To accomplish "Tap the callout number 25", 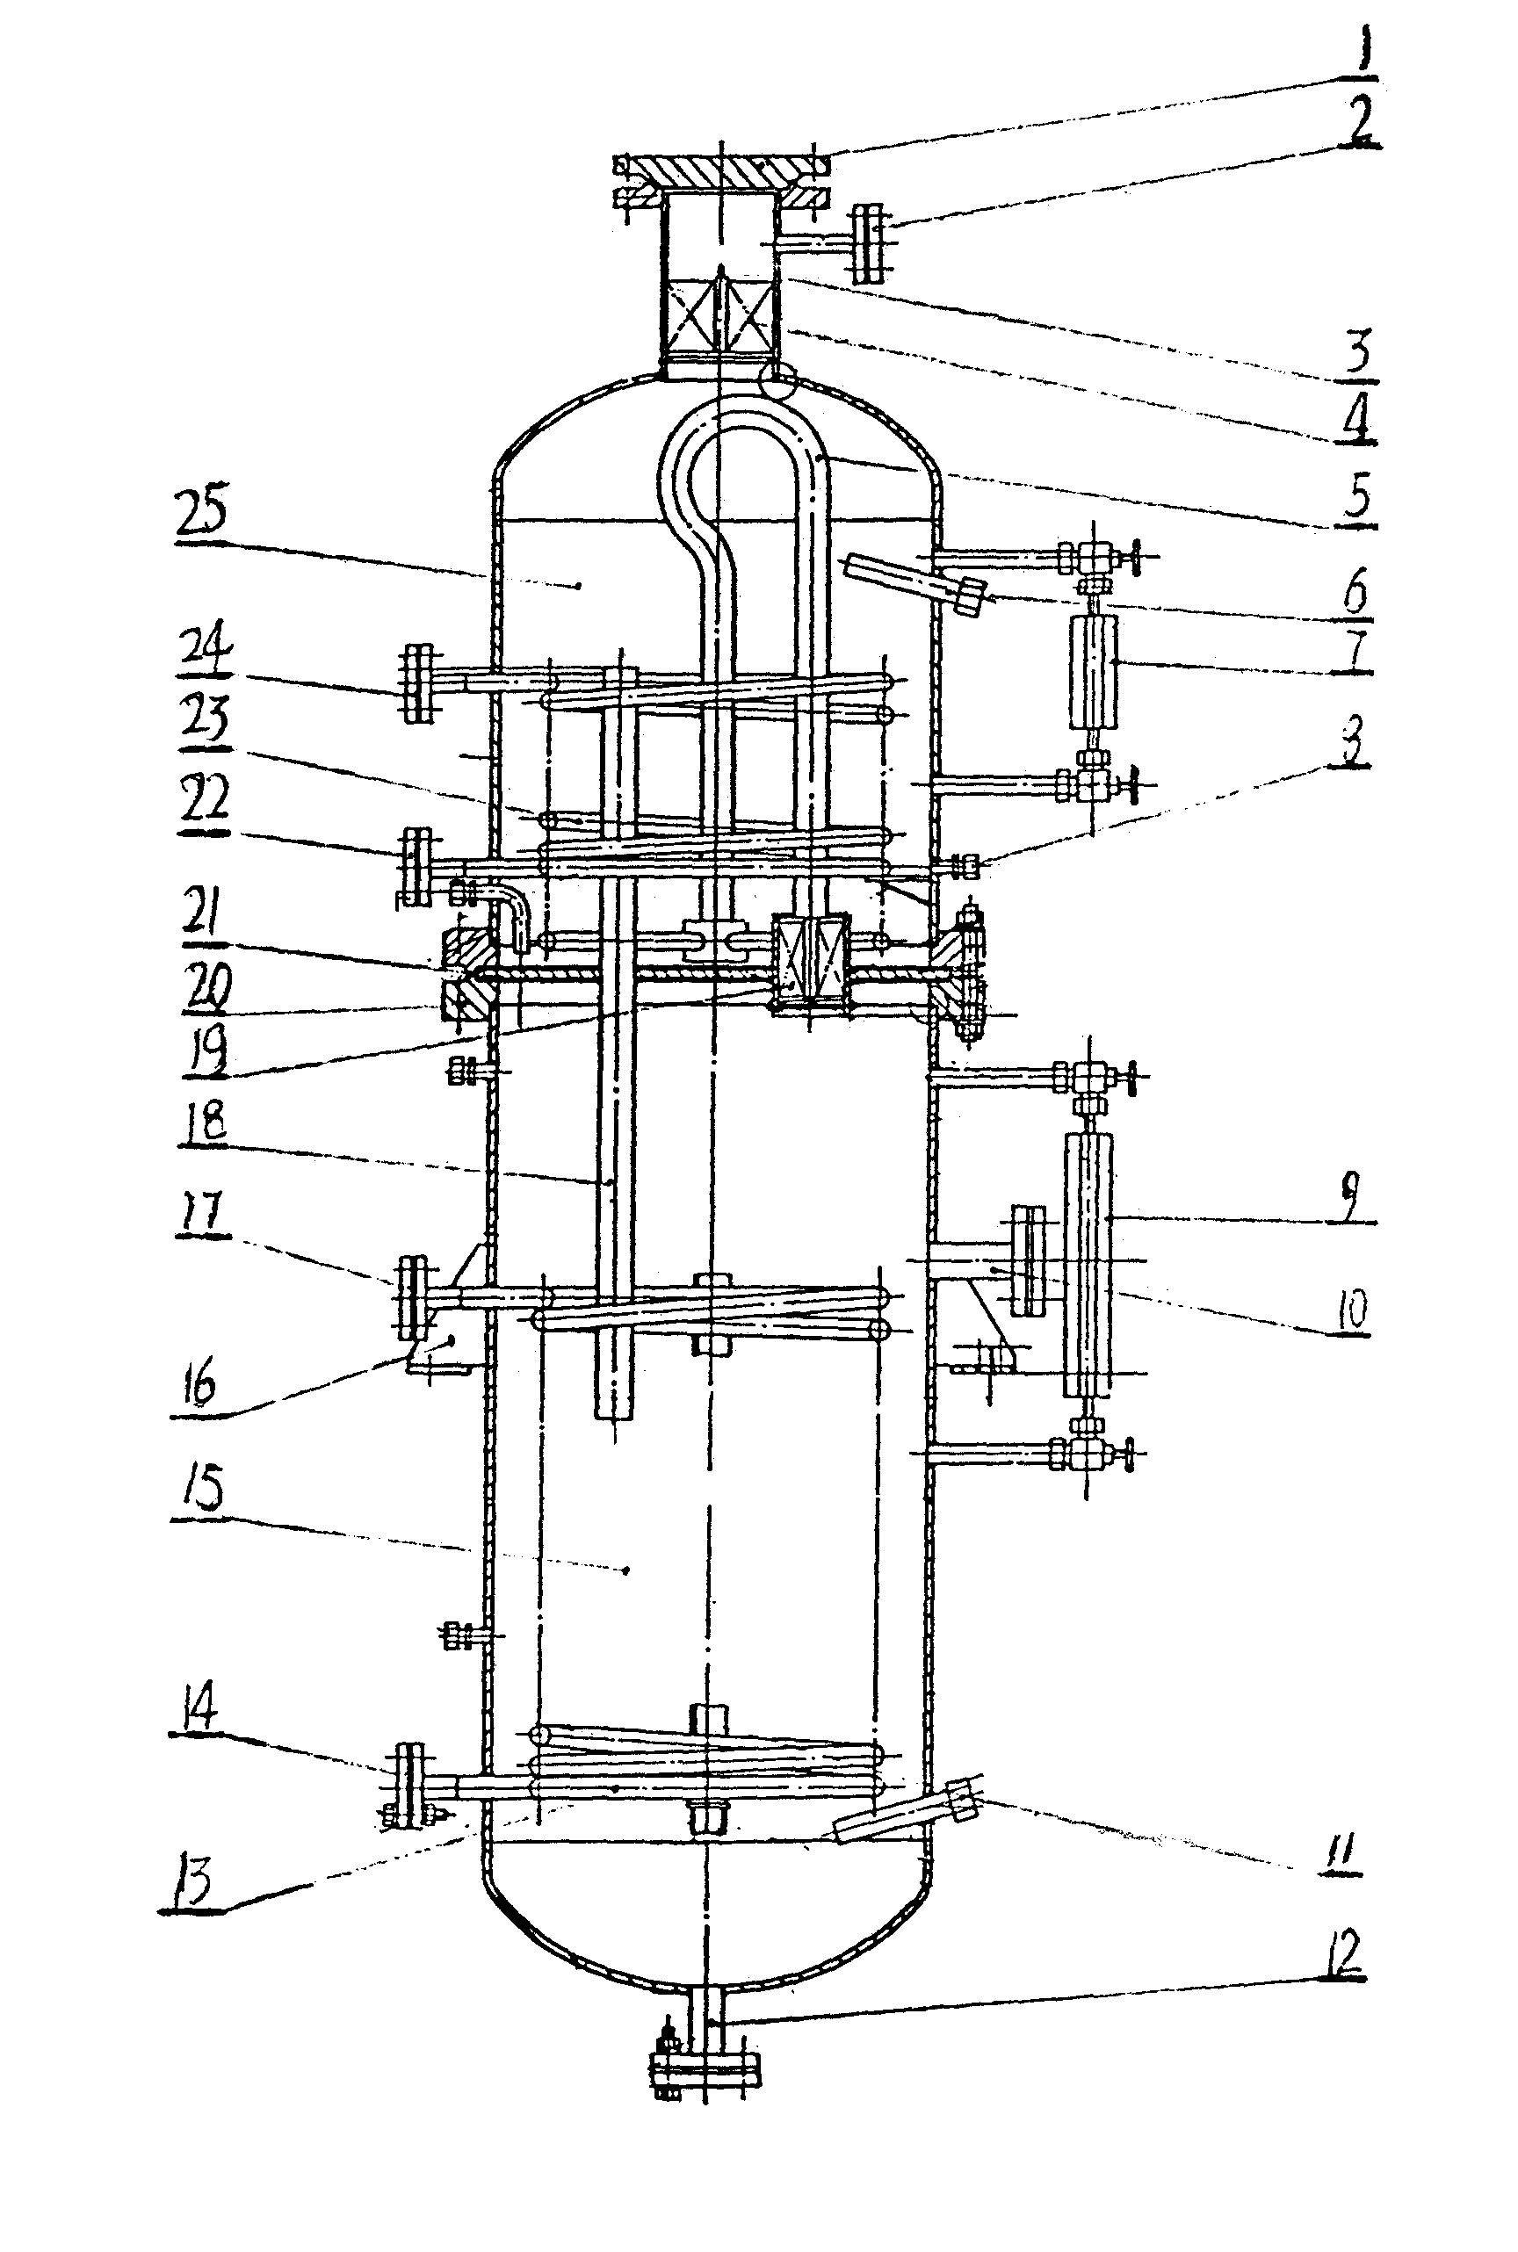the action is click(x=201, y=512).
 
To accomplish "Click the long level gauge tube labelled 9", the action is click(x=1088, y=1264).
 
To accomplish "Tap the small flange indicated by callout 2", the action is click(x=869, y=243).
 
